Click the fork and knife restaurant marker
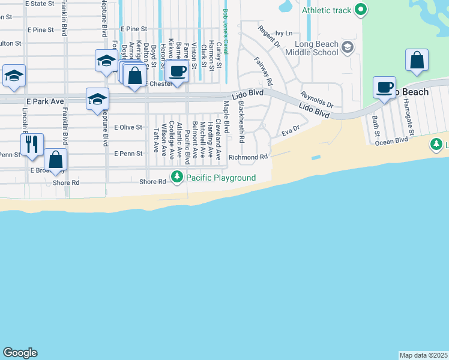[x=32, y=144]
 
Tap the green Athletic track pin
[x=360, y=10]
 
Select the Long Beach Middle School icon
[x=347, y=47]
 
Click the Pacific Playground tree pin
[x=176, y=177]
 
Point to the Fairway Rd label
[x=264, y=71]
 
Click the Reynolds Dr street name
[x=317, y=100]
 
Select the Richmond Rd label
[x=247, y=157]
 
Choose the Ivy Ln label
[x=283, y=33]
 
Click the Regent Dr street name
[x=268, y=37]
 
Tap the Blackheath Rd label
[x=241, y=121]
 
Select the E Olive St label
[x=128, y=127]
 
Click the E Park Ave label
[x=44, y=101]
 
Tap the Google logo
[x=20, y=353]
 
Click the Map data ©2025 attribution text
[x=423, y=355]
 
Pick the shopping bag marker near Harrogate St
[x=417, y=60]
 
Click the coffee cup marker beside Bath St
[x=384, y=88]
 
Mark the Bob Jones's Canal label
[x=226, y=35]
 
